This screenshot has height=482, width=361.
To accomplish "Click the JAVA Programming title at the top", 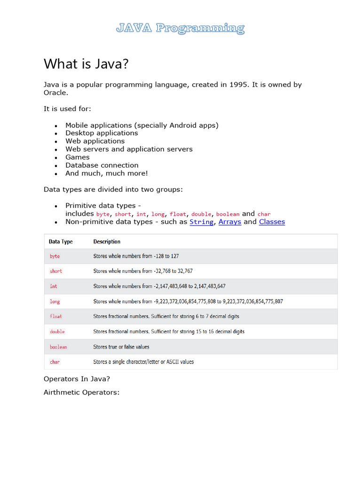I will pyautogui.click(x=180, y=28).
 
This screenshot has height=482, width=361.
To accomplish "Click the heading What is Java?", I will pyautogui.click(x=86, y=64).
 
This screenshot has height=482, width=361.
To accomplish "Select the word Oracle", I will pyautogui.click(x=55, y=93).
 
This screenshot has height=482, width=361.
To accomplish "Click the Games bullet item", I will pyautogui.click(x=78, y=157).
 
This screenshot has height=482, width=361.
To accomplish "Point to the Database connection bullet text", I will pyautogui.click(x=102, y=165).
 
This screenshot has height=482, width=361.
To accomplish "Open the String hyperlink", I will pyautogui.click(x=201, y=222).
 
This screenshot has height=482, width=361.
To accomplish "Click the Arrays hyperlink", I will pyautogui.click(x=230, y=222).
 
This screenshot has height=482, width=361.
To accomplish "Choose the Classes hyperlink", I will pyautogui.click(x=272, y=222).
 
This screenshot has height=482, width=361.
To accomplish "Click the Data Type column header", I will pyautogui.click(x=61, y=241).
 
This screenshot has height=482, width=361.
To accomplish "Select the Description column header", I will pyautogui.click(x=107, y=241).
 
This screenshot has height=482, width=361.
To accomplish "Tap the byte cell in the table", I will pyautogui.click(x=55, y=256).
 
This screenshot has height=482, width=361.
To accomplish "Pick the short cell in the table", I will pyautogui.click(x=56, y=271).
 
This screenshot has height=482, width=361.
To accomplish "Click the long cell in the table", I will pyautogui.click(x=55, y=301).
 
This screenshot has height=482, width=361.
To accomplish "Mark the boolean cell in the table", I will pyautogui.click(x=58, y=347).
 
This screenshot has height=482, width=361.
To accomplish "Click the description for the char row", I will pyautogui.click(x=143, y=362).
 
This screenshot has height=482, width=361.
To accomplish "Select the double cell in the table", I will pyautogui.click(x=57, y=331).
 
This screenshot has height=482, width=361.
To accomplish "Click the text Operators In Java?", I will pyautogui.click(x=77, y=378).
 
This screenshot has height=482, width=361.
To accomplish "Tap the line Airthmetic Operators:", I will pyautogui.click(x=82, y=392).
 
